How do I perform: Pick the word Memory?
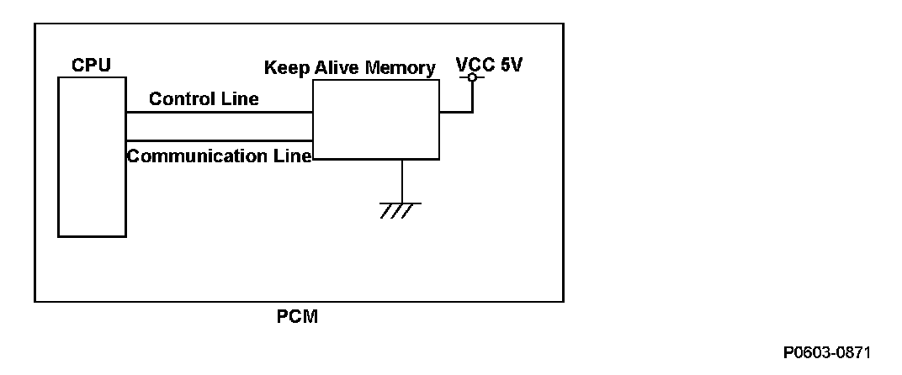pyautogui.click(x=401, y=68)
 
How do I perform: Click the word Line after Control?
pyautogui.click(x=240, y=99)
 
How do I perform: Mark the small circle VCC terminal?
pyautogui.click(x=472, y=78)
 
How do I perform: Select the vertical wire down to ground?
pyautogui.click(x=402, y=181)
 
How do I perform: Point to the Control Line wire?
pyautogui.click(x=219, y=112)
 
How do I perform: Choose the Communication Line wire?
pyautogui.click(x=219, y=140)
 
